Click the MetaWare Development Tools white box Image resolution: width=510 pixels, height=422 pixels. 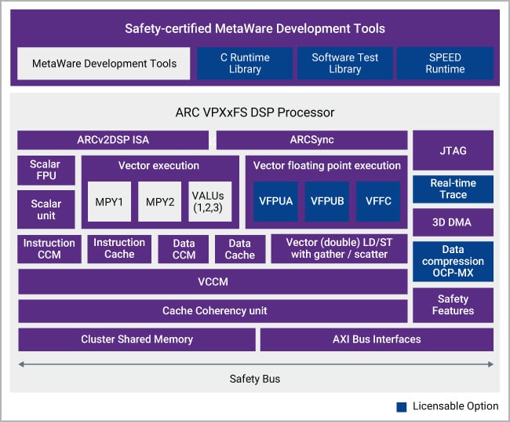pos(104,63)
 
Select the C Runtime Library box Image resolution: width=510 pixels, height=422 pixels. pos(245,63)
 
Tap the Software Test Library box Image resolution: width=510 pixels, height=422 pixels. pos(344,63)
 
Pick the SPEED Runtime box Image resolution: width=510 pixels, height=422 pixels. pos(445,63)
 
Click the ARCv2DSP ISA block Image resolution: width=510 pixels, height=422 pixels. pos(113,140)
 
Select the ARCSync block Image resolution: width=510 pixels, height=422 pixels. pos(311,140)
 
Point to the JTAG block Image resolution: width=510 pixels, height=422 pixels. pos(453,150)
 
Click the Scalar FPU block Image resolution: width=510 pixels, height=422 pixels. pos(46,171)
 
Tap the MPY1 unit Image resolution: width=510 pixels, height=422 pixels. pos(109,201)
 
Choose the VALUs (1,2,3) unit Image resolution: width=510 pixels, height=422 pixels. pos(210,201)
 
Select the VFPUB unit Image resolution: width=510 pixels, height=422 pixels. pos(327,201)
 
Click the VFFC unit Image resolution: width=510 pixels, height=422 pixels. pos(378,201)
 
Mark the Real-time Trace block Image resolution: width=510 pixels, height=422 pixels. pos(453,189)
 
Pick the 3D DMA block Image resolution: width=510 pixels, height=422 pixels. pos(453,222)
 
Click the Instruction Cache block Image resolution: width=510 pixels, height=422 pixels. pos(118,248)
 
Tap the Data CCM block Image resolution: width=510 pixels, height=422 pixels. pos(183,249)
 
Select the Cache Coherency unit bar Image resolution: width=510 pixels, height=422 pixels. pos(213,310)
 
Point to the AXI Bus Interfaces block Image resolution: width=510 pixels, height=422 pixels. pos(377,339)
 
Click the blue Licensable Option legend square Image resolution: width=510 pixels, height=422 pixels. pos(401,406)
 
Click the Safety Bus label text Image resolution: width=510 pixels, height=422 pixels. pos(255,379)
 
